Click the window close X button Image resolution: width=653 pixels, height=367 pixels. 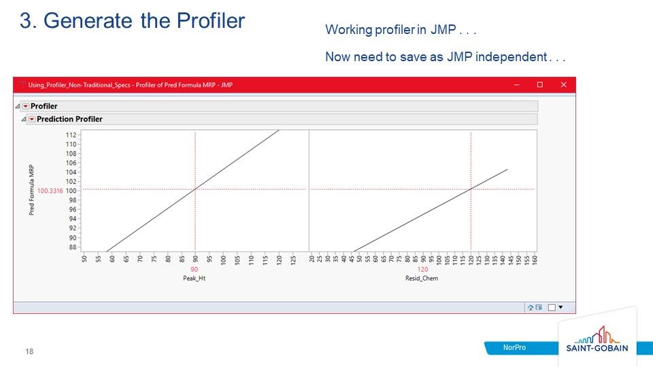click(563, 85)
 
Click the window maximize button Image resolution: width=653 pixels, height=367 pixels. click(540, 85)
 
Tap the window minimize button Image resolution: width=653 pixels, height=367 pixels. click(516, 85)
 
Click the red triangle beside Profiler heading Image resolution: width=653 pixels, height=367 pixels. click(25, 107)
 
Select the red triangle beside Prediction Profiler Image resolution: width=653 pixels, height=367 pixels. click(31, 120)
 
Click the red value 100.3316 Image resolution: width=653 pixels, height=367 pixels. click(50, 191)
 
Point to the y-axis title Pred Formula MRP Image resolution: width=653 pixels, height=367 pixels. click(31, 190)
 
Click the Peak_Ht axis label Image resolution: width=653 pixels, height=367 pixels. click(194, 278)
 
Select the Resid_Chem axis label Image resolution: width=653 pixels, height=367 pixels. click(422, 278)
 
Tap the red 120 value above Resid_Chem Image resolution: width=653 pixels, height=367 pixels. click(422, 270)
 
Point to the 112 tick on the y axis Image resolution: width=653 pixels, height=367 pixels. click(71, 135)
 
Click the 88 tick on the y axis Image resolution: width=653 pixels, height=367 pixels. click(72, 247)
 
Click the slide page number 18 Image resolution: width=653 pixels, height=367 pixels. click(29, 351)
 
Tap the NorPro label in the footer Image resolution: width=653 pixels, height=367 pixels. click(514, 348)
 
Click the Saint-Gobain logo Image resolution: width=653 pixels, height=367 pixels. click(597, 340)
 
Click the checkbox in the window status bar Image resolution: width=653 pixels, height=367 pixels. click(552, 307)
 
